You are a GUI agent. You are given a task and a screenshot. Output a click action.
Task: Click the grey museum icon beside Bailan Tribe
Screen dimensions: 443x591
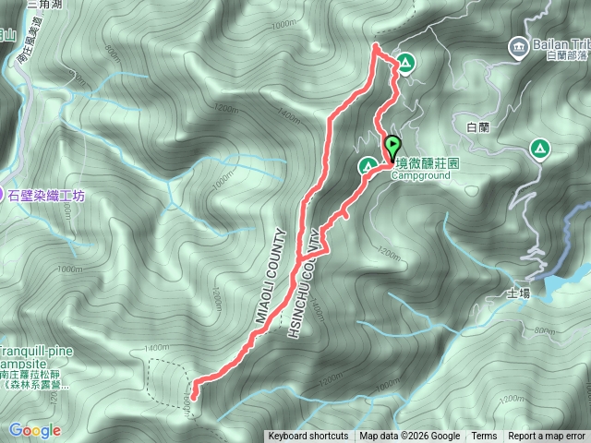pyautogui.click(x=515, y=43)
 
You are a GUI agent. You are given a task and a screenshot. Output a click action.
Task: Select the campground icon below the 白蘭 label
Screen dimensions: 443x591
pyautogui.click(x=538, y=148)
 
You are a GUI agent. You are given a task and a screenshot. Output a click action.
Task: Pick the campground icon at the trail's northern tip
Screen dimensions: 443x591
pyautogui.click(x=406, y=64)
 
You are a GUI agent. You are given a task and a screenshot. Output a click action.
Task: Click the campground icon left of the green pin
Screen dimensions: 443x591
pyautogui.click(x=367, y=165)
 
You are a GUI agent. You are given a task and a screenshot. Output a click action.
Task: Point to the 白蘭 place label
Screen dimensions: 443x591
pyautogui.click(x=478, y=126)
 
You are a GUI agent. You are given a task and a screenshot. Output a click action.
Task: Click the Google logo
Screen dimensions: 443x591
pyautogui.click(x=35, y=430)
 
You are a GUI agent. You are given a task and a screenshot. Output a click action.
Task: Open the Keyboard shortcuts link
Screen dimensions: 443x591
pyautogui.click(x=308, y=437)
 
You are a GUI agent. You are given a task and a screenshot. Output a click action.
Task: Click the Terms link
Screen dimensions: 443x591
pyautogui.click(x=484, y=437)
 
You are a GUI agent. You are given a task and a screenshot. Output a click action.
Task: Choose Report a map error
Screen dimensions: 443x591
pyautogui.click(x=548, y=437)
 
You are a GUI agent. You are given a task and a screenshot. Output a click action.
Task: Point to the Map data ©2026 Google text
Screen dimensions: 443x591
pyautogui.click(x=409, y=437)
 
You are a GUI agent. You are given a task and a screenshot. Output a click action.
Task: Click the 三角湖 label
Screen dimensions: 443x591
pyautogui.click(x=44, y=5)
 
